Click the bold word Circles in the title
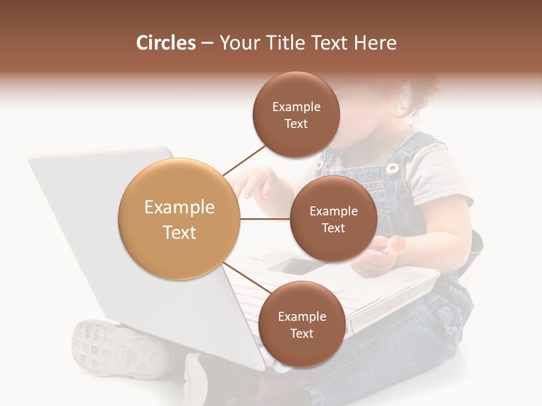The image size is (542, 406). coord(165,43)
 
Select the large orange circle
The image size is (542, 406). coord(179,219)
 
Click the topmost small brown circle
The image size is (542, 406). coord(296,114)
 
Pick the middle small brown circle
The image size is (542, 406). coord(333,219)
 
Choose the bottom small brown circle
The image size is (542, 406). coord(301,324)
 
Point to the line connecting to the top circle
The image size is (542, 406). coord(244,160)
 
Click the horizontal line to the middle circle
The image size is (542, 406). coord(265,219)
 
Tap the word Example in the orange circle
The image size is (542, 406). coord(179,208)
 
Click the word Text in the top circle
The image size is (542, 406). coord(296,123)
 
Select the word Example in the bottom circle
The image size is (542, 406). coord(301,316)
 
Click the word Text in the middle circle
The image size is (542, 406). coord(333,228)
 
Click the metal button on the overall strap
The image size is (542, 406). coord(392,167)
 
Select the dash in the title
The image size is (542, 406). coord(207,43)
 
